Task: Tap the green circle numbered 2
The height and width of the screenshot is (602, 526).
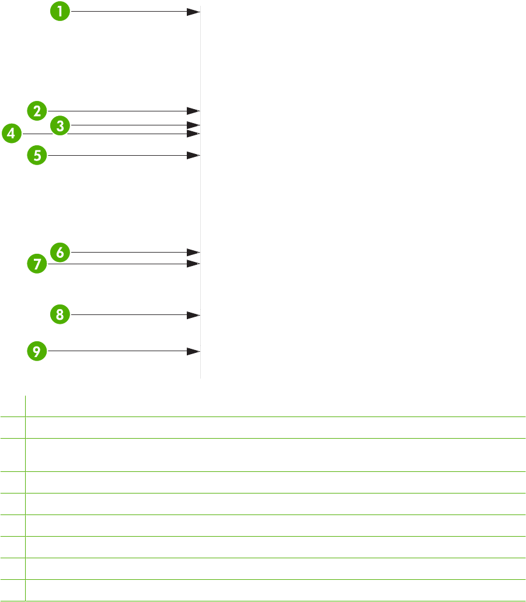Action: pos(37,110)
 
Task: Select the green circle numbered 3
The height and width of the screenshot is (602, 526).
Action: pos(60,125)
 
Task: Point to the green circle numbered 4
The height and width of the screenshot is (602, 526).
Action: pos(11,134)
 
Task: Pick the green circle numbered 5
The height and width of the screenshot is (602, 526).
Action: pos(37,155)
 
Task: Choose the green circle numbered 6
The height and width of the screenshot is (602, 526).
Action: pos(60,252)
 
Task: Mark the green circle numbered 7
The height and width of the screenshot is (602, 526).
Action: pos(37,264)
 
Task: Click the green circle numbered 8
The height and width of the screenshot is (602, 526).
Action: pos(60,315)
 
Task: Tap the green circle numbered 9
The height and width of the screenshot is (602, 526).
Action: pos(37,351)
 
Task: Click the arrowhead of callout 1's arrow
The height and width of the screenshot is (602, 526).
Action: pos(194,11)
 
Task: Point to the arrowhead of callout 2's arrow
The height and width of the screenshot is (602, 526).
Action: pos(194,110)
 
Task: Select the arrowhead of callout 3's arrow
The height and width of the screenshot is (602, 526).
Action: pos(194,125)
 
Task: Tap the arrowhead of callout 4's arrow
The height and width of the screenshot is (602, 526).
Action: pos(194,134)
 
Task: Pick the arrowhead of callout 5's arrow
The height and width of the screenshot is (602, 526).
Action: pos(194,155)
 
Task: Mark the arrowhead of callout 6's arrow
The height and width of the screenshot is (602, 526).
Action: pos(194,252)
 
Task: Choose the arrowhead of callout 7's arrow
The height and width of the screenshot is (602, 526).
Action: pos(194,264)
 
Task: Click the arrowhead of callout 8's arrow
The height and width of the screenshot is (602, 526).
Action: pos(194,315)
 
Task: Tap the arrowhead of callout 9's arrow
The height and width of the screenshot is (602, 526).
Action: pos(194,351)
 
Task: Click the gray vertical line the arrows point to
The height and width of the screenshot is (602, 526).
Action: pos(201,198)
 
